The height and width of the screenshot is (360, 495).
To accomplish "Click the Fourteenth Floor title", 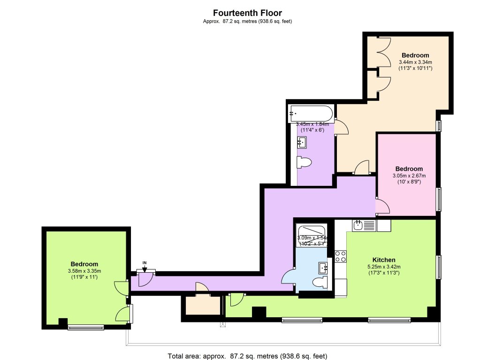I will tap(247, 13).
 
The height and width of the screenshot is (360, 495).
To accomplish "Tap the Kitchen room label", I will tap(383, 260).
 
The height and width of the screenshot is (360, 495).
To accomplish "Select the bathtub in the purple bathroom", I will tap(311, 113).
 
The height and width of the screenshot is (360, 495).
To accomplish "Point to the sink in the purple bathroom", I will tap(302, 141).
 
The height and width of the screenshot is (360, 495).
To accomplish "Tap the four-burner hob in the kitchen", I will tap(340, 256).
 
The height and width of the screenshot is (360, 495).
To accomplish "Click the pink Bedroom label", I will tap(409, 169).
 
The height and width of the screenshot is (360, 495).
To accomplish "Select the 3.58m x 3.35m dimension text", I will tap(84, 270).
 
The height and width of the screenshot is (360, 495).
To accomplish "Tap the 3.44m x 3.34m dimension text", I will tap(415, 62).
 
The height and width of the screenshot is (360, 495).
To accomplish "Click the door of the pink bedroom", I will tap(382, 206).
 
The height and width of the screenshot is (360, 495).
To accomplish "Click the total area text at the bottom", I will tap(247, 355).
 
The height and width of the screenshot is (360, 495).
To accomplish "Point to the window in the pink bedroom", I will tap(439, 199).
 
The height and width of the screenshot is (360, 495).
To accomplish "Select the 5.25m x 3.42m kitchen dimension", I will tap(383, 267).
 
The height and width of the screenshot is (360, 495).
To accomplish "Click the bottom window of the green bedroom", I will tap(85, 327).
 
